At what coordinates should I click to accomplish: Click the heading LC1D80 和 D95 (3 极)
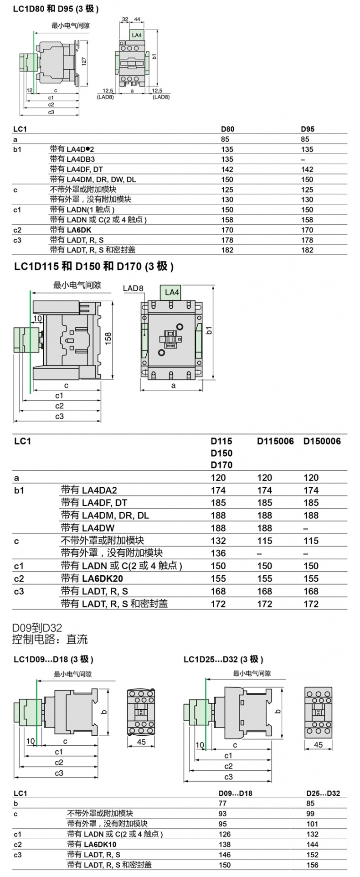(56, 9)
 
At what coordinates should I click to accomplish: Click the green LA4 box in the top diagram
(136, 35)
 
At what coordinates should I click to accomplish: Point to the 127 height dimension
(84, 62)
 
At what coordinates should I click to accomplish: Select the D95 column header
(307, 129)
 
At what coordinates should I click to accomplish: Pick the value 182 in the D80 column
(227, 250)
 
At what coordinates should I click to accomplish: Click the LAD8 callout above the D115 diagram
(133, 289)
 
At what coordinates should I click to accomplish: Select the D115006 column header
(275, 441)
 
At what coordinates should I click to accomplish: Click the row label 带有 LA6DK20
(92, 578)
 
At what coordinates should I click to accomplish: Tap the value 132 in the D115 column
(218, 541)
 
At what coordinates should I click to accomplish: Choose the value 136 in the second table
(218, 553)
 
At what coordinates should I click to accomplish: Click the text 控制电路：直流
(50, 640)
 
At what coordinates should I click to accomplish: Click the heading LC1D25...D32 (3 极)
(223, 659)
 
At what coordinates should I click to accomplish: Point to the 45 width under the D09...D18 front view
(141, 742)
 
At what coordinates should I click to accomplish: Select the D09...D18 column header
(235, 793)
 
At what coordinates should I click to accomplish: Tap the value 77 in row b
(222, 804)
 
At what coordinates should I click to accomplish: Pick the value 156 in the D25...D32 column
(312, 865)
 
